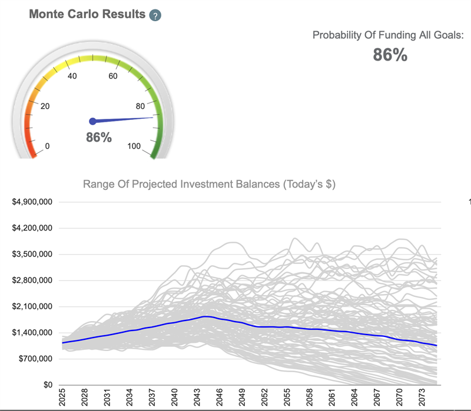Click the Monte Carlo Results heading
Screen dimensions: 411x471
pyautogui.click(x=87, y=14)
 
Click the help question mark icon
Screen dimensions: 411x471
pyautogui.click(x=155, y=16)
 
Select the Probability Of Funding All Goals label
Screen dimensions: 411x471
pyautogui.click(x=388, y=35)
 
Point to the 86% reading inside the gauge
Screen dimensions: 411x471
pyautogui.click(x=98, y=138)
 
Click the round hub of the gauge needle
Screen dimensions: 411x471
pyautogui.click(x=92, y=121)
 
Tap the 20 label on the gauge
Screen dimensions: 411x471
pyautogui.click(x=45, y=106)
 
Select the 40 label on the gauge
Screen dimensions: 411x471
pyautogui.click(x=73, y=76)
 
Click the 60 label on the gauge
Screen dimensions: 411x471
pyautogui.click(x=113, y=76)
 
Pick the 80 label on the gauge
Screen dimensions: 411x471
pyautogui.click(x=141, y=106)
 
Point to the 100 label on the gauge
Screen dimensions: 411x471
pyautogui.click(x=134, y=146)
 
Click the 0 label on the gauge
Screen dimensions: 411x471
pyautogui.click(x=47, y=146)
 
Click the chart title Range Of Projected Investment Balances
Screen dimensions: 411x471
pyautogui.click(x=209, y=184)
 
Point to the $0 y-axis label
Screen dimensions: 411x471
pyautogui.click(x=49, y=385)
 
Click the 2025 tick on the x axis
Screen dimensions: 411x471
pyautogui.click(x=63, y=398)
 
